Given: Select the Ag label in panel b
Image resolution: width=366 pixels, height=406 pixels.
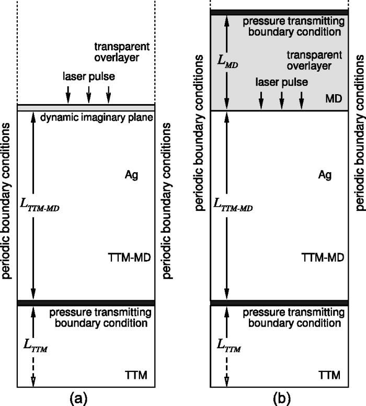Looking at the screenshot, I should [x=325, y=176].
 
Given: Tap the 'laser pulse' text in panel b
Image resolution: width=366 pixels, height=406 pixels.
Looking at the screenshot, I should [x=282, y=83].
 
